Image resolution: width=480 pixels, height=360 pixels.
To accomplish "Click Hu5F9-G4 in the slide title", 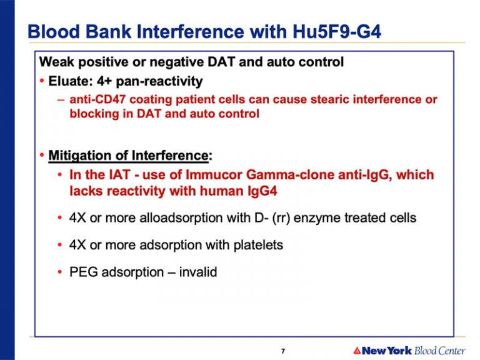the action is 337,31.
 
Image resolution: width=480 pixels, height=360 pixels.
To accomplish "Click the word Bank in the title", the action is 108,31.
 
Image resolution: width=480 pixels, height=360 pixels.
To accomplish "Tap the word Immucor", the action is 214,175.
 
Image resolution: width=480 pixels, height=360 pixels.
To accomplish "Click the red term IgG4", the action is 262,191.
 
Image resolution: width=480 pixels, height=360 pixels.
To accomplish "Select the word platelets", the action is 258,245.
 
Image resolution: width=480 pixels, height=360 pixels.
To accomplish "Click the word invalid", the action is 198,272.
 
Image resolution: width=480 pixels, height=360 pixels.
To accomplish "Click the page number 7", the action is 283,351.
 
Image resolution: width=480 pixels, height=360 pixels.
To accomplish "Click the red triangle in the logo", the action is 357,350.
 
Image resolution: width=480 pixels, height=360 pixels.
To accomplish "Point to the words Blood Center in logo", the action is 439,350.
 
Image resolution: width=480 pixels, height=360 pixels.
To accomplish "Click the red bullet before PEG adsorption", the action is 60,272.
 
